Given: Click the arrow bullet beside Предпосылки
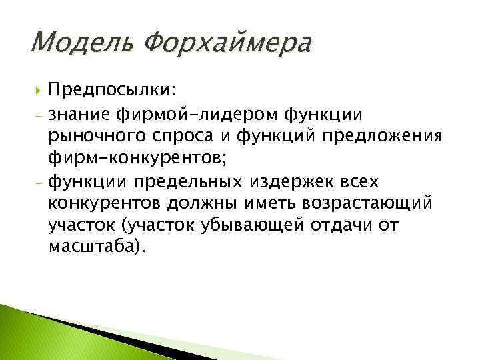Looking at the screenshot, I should coord(33,90).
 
